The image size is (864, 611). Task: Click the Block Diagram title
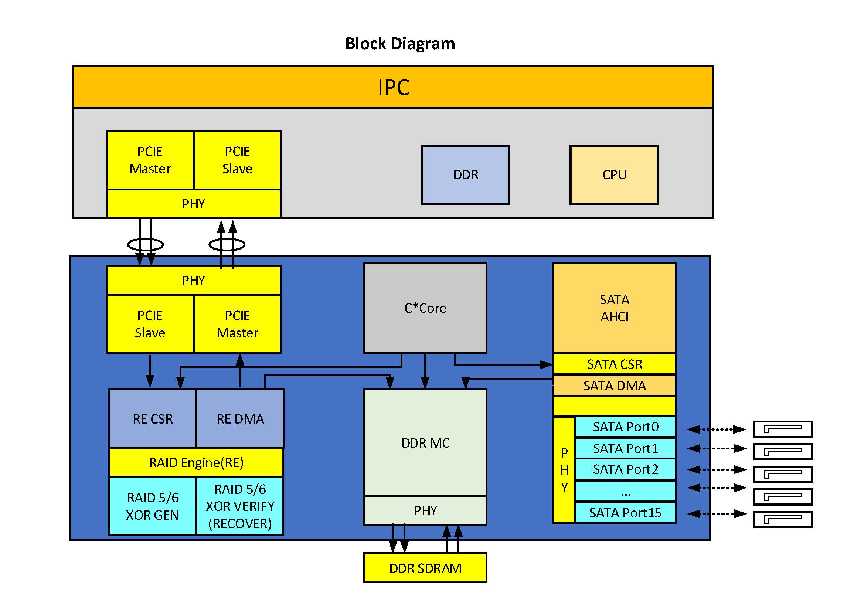coord(399,44)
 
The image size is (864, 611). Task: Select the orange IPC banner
coord(393,87)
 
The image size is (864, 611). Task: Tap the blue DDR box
coord(465,175)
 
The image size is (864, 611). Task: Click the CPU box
coord(614,175)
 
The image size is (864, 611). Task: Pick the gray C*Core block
coord(425,308)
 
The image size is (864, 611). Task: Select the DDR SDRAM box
coord(425,568)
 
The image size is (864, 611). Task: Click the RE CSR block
coord(152,419)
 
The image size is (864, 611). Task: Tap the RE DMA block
coord(240,419)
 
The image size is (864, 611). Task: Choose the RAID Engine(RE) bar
coord(196,462)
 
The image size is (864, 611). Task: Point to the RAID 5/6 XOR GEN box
coord(152,506)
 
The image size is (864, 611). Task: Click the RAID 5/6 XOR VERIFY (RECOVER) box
coord(240,506)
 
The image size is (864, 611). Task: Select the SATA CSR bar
coord(614,364)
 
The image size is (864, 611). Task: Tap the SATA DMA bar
coord(614,386)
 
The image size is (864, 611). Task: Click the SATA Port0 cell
coord(625,427)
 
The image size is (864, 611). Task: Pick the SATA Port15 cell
coord(625,513)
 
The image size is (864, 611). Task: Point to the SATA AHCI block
coord(614,308)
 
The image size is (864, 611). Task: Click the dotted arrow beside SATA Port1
coord(717,448)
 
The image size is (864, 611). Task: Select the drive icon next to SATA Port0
coord(783,429)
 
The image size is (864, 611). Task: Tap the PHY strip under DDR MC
coord(425,510)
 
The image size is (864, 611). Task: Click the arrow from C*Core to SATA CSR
coord(504,364)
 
